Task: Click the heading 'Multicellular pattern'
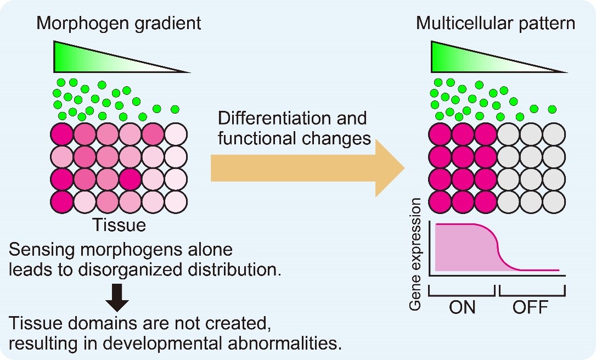tap(496, 24)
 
